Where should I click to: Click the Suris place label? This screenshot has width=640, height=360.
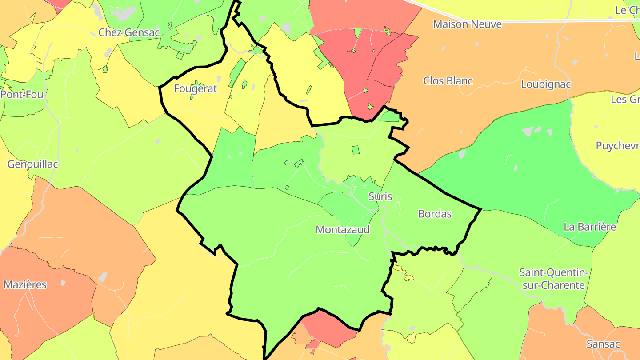380,196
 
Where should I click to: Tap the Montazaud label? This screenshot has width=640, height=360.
342,230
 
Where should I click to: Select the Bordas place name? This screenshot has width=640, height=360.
435,214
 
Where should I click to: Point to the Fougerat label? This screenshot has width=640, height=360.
195,88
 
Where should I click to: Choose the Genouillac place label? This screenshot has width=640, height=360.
33,164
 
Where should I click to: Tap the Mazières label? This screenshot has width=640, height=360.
25,285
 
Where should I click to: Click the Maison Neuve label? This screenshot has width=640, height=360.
467,24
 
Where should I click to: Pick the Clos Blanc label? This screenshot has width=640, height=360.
448,81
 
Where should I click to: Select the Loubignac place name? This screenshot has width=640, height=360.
545,84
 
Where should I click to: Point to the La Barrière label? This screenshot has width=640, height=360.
589,227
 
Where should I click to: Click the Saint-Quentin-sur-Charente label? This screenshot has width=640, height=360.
553,279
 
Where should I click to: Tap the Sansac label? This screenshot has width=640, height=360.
603,344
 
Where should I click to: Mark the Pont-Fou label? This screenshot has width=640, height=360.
22,95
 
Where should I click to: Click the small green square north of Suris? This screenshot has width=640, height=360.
355,150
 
